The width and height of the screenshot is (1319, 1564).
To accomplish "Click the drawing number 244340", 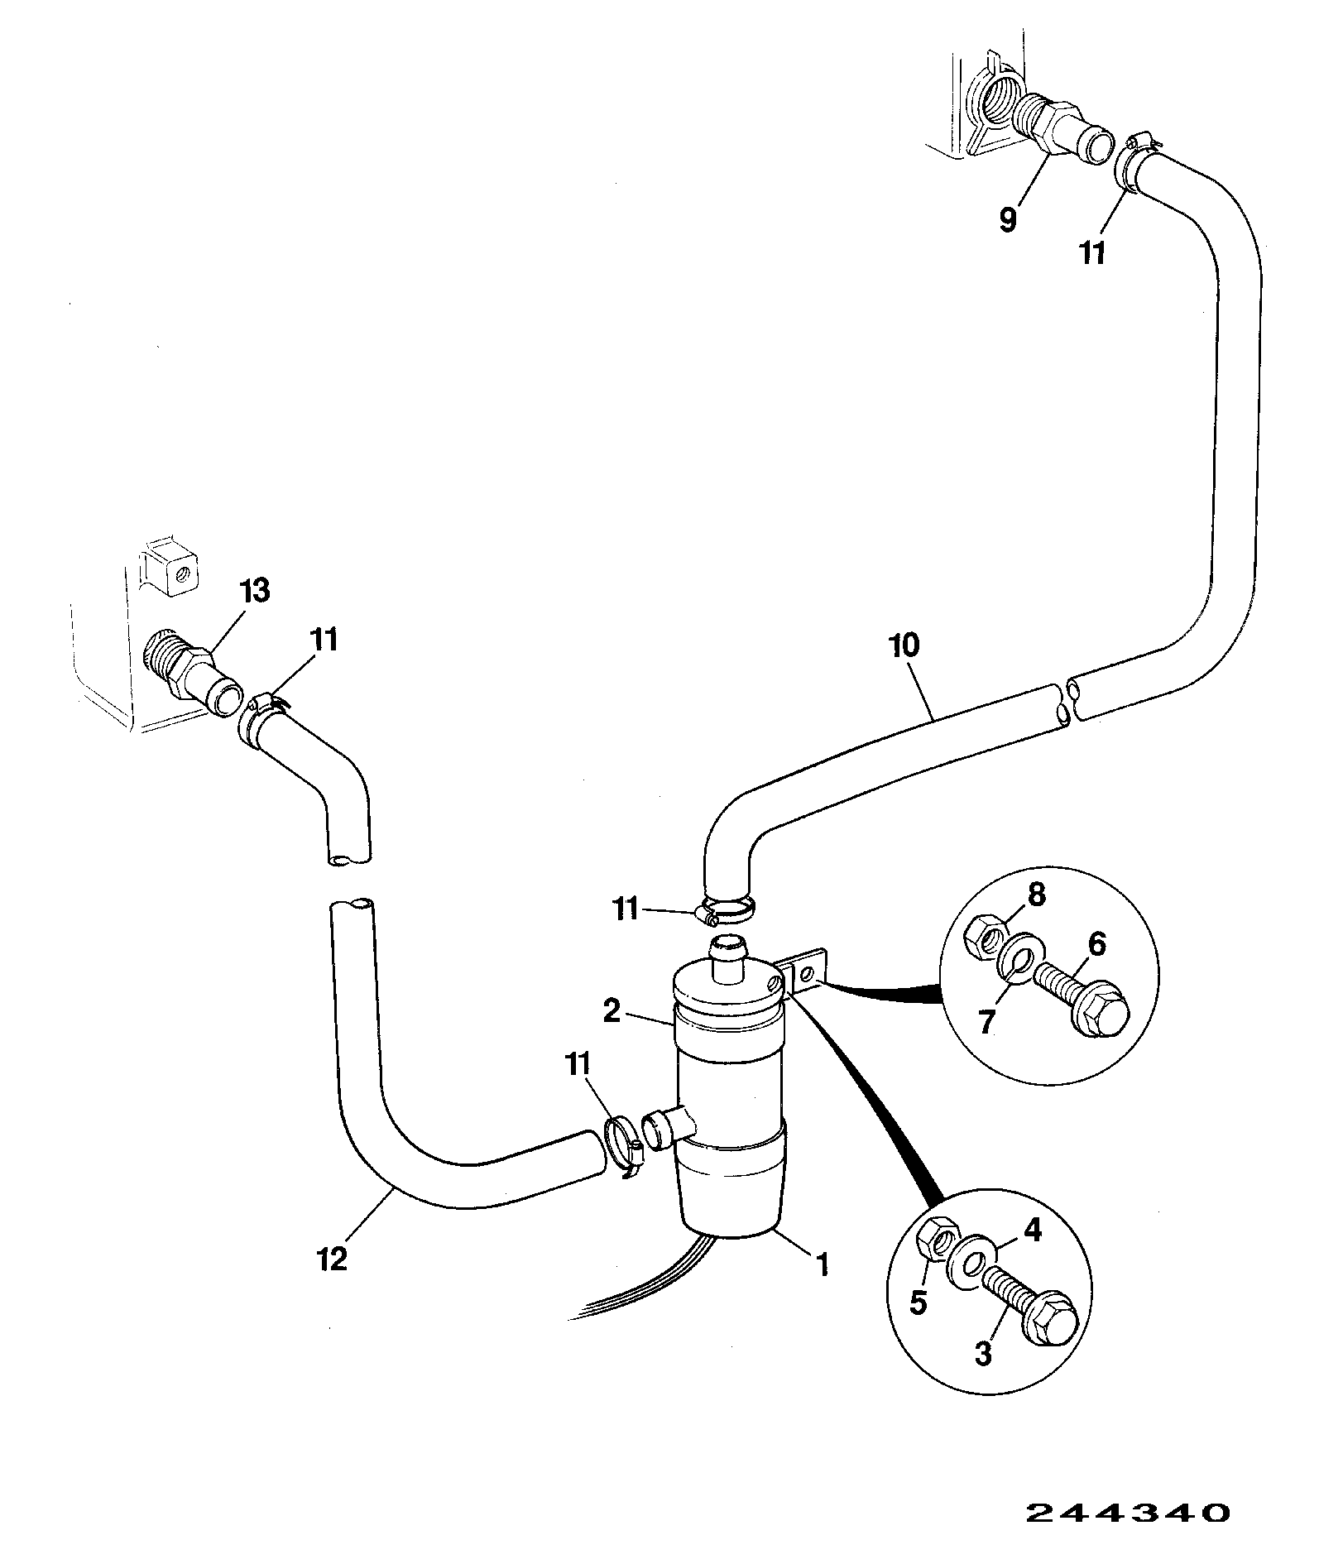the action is pos(1128,1512).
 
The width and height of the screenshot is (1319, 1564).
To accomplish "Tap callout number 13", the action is pos(254,592).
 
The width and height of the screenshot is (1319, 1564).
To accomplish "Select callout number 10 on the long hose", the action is pos(906,645).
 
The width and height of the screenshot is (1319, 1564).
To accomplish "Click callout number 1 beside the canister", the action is pos(822,1288).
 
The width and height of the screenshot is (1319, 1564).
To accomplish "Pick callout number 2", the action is pos(612,1011).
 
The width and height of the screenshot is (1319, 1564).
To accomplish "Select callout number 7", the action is pos(986,1023).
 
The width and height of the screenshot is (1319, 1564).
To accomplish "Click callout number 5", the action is pos(918,1303).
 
